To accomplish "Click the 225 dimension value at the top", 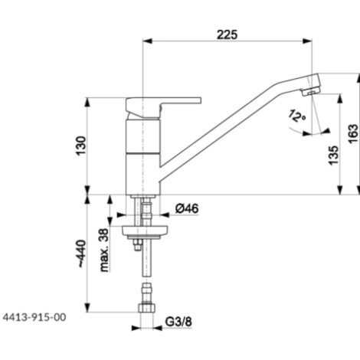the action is click(x=227, y=34).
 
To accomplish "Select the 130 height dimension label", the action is click(x=81, y=146).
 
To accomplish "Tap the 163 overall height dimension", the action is click(x=353, y=134).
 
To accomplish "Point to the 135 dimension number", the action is click(x=333, y=155).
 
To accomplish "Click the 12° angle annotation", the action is click(x=296, y=116).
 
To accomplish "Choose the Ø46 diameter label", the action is click(x=187, y=208).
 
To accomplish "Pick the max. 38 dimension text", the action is click(x=104, y=250).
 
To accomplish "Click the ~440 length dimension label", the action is click(x=81, y=254).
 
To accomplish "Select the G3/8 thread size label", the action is click(x=178, y=322).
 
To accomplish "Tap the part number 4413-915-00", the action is click(x=34, y=317).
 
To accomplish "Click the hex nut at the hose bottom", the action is click(x=147, y=308).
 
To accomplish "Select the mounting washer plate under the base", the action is click(x=145, y=231).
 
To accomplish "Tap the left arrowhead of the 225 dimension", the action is click(x=147, y=41).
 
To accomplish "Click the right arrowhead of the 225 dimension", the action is click(x=307, y=41).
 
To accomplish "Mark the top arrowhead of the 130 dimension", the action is click(x=87, y=102).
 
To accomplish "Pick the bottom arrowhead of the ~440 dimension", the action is click(x=87, y=307).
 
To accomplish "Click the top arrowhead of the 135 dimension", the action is click(x=340, y=99).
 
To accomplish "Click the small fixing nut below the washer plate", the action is click(x=137, y=244).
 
